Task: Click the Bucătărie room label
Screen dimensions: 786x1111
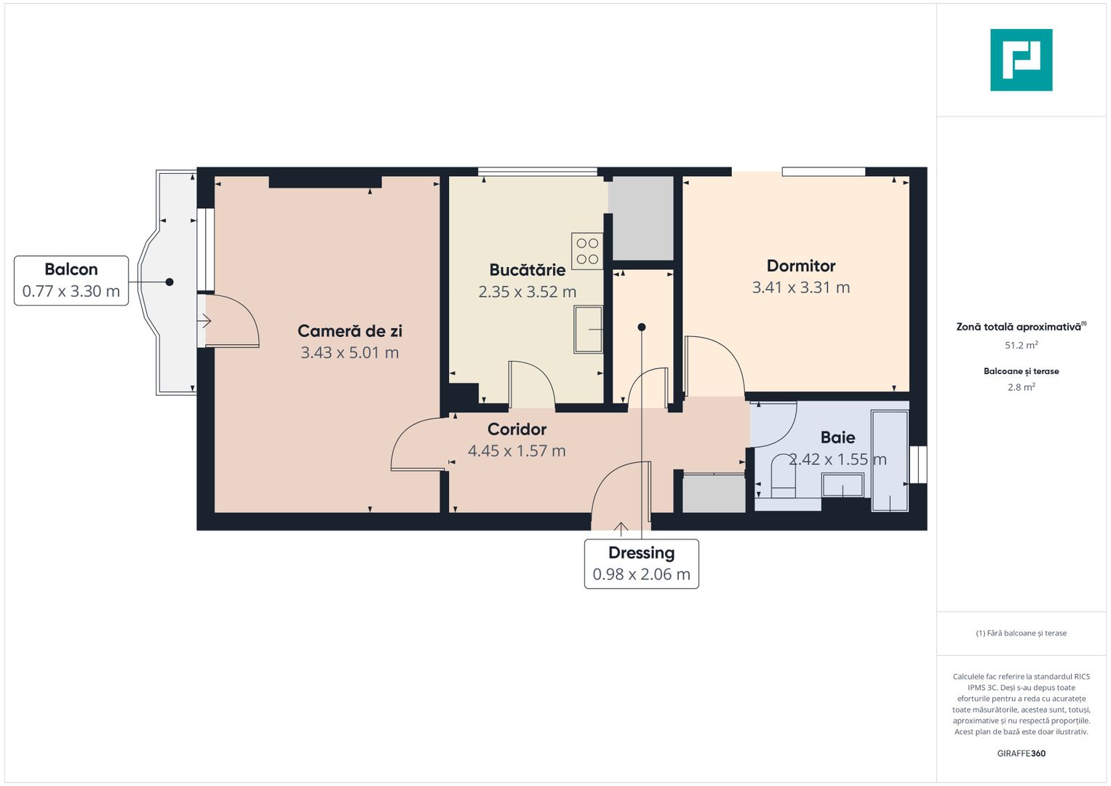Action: (527, 270)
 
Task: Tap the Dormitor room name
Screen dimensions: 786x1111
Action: (801, 266)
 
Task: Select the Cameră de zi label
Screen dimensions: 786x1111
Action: (349, 331)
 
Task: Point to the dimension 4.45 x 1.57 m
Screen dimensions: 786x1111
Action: (517, 451)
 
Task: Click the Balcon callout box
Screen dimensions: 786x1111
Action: (71, 280)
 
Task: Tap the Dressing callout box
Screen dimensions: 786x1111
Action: (641, 564)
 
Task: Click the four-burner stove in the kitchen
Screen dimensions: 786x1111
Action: (587, 251)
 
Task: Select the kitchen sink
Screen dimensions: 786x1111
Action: (588, 330)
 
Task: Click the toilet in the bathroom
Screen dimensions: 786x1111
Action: (782, 477)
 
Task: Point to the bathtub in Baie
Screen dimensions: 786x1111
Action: (890, 461)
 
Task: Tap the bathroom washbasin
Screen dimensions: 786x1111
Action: (843, 485)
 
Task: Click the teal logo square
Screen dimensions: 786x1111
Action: (1021, 60)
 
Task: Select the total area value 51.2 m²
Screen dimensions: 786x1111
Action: (1021, 346)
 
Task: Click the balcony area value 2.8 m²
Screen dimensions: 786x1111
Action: (1021, 387)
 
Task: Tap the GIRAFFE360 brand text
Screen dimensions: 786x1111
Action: (1021, 753)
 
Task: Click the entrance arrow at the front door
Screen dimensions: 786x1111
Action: (621, 528)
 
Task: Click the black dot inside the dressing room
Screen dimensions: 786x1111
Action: (642, 327)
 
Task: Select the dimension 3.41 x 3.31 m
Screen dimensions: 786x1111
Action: (801, 287)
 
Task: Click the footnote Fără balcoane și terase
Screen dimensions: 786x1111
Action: (1021, 633)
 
